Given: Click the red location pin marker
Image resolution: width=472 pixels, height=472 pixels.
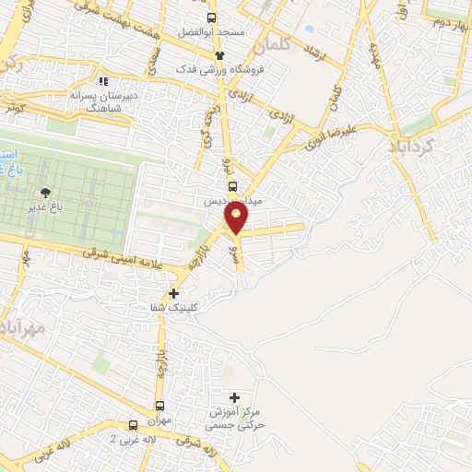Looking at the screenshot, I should (x=236, y=218).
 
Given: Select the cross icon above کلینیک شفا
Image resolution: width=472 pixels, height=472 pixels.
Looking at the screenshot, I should (x=174, y=293).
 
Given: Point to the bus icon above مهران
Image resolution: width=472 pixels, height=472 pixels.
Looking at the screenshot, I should (x=160, y=406).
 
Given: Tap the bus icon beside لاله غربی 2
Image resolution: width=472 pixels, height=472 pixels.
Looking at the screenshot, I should (x=134, y=425).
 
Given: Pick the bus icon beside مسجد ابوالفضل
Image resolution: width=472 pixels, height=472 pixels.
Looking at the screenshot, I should (x=212, y=18).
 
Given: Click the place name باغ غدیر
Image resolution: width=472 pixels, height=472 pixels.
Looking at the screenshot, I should (x=44, y=209).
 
